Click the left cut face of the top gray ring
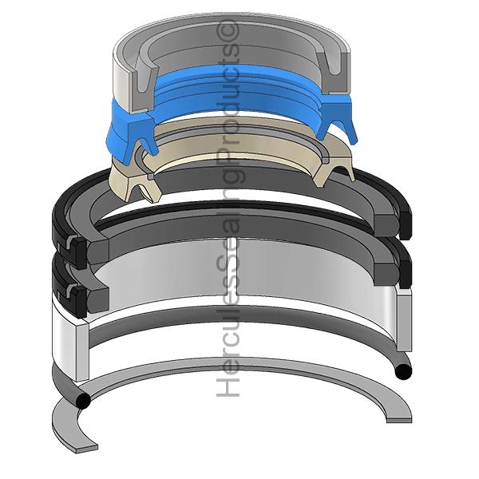point(141,84)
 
